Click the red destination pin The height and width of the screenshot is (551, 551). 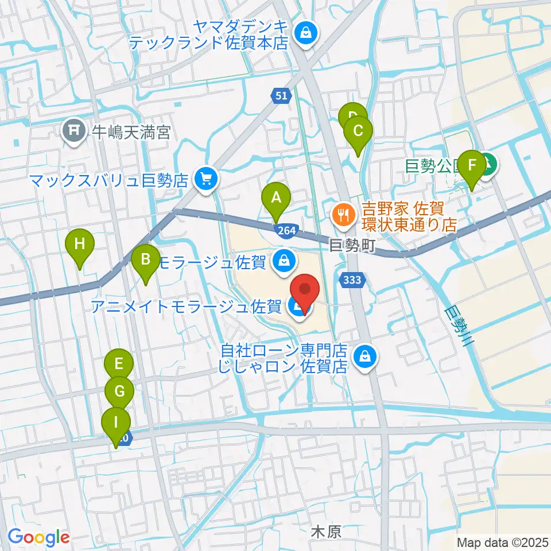[305, 293]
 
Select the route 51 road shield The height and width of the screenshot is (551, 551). [280, 96]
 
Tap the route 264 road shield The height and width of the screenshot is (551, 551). [288, 230]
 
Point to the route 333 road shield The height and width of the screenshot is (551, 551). [351, 280]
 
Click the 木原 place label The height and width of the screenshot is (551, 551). [325, 531]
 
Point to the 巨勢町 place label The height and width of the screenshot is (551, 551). [352, 246]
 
